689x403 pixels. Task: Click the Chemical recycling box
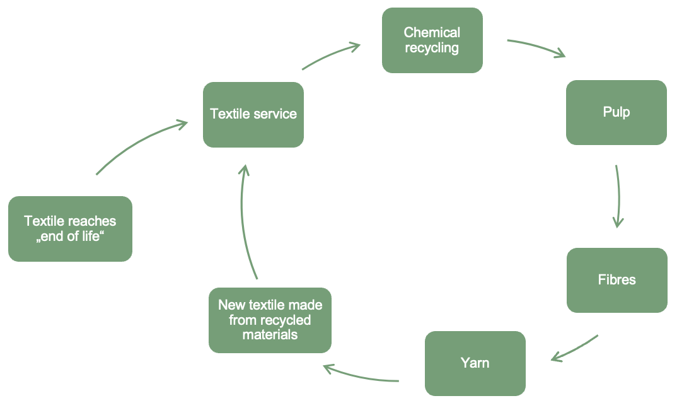(432, 40)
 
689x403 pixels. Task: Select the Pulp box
(616, 112)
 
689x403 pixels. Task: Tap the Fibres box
(617, 280)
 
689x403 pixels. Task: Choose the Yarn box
(475, 363)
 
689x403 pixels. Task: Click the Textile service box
(253, 114)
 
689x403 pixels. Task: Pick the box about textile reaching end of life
(70, 228)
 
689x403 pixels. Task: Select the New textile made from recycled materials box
(270, 320)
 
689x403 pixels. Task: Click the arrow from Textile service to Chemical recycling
(331, 55)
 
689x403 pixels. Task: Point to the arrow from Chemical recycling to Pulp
(536, 48)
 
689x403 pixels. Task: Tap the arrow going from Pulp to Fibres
(618, 196)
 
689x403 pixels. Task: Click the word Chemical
(432, 32)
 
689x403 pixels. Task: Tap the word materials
(270, 334)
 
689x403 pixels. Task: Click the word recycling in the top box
(432, 47)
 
